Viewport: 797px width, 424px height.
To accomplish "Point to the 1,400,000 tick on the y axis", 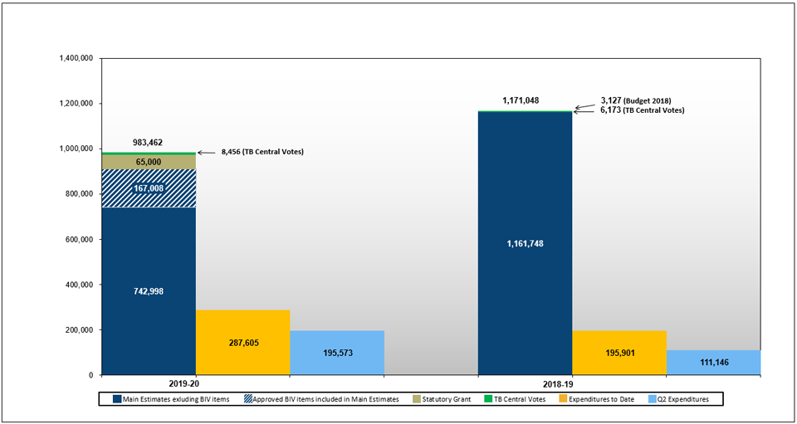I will (76, 59).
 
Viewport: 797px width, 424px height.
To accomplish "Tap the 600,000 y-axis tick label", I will (79, 240).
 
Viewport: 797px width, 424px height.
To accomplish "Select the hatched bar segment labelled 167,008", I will (149, 188).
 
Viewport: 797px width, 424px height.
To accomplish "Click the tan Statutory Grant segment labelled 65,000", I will (149, 162).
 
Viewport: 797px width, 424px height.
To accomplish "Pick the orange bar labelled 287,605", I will (242, 342).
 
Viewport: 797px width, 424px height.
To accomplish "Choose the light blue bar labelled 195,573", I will (336, 353).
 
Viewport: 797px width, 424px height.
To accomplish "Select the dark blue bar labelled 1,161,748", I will (525, 243).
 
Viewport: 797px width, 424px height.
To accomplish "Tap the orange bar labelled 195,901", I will (619, 353).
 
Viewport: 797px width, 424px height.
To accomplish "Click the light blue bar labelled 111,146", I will (713, 363).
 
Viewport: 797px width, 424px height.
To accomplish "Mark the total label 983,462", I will (150, 143).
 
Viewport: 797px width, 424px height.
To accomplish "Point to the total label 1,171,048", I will (521, 100).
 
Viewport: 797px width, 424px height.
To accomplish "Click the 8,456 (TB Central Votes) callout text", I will (262, 152).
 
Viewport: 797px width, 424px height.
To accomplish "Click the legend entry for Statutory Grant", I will (446, 400).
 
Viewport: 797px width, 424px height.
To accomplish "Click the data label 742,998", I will (149, 291).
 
